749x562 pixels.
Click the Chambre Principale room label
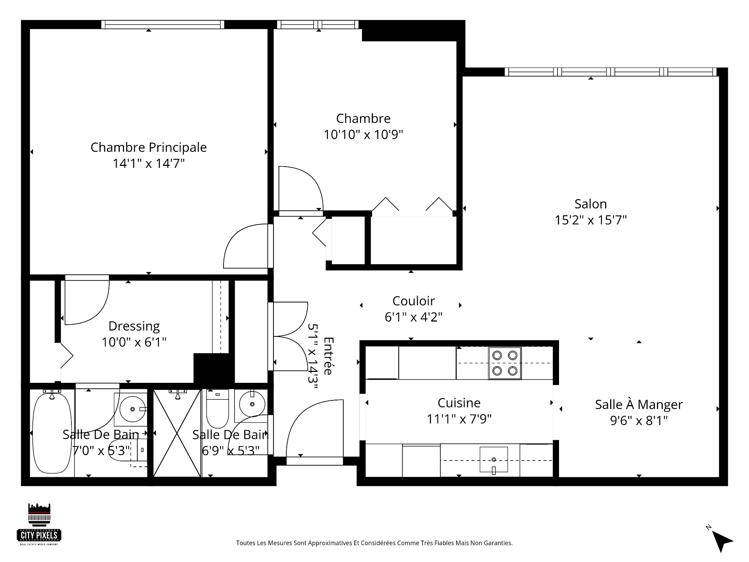(x=149, y=147)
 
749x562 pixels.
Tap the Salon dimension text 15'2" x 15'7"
(x=591, y=220)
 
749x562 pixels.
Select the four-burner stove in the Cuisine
(x=505, y=363)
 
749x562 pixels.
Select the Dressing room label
(x=134, y=326)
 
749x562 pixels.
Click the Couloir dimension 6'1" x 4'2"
(x=414, y=317)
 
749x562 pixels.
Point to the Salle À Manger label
(x=639, y=404)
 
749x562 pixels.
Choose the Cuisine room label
(x=459, y=403)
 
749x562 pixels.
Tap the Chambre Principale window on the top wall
(x=163, y=25)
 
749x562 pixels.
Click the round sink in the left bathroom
(x=133, y=409)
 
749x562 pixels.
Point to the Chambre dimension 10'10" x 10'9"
(x=363, y=135)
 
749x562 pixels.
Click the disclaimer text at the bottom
(x=374, y=543)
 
